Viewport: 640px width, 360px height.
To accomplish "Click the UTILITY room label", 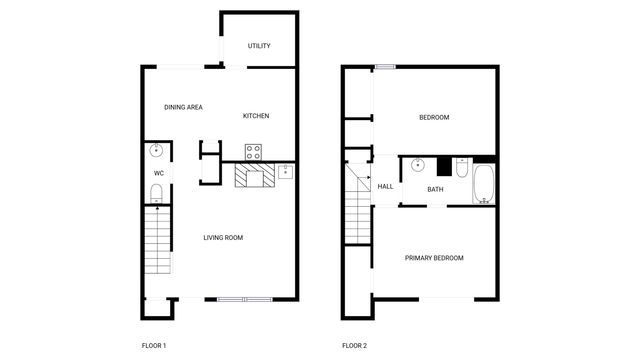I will [259, 46].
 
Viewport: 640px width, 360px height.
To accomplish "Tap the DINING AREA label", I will [184, 107].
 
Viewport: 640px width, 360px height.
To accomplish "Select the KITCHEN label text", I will [256, 116].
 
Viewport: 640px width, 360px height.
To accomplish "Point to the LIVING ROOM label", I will [223, 237].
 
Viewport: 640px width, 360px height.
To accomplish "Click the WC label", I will [158, 173].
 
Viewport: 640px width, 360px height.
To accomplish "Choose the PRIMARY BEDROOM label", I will [434, 258].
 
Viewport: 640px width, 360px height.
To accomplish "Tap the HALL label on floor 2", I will [385, 186].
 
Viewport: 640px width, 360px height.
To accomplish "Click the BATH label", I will [435, 189].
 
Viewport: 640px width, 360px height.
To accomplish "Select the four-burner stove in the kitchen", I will [254, 153].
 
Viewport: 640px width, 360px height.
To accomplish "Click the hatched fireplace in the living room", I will [254, 177].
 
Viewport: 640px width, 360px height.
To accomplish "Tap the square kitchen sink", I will [285, 171].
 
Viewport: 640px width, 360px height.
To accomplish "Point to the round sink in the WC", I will [156, 152].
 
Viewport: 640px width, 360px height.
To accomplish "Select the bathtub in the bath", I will [484, 184].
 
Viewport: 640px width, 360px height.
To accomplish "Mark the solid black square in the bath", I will [444, 166].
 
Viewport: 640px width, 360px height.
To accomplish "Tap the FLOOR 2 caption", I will [354, 345].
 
